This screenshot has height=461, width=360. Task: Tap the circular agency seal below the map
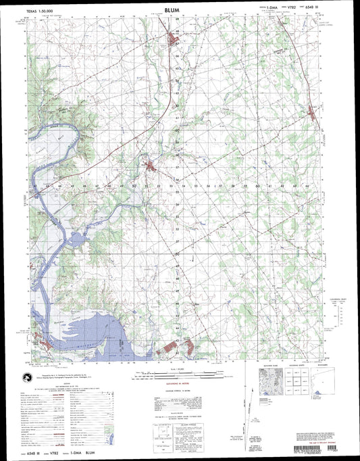point(26,381)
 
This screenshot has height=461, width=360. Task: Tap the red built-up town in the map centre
point(151,166)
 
